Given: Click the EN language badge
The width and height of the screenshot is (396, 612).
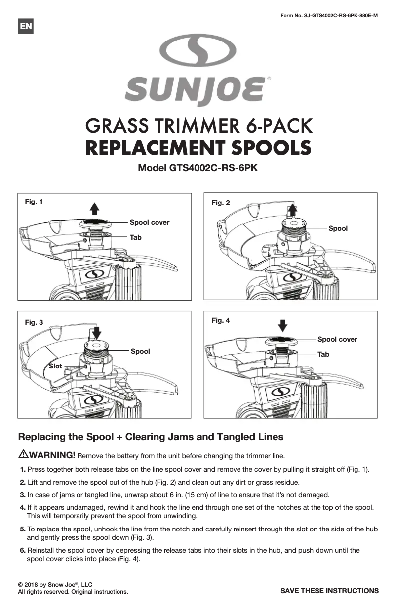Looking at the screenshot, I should coord(26,27).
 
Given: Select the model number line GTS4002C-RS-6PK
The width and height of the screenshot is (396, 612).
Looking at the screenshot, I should coord(198,167).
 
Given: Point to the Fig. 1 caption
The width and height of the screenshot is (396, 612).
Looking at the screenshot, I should coord(34,202).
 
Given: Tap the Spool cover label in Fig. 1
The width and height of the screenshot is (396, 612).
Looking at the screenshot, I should coord(149,222).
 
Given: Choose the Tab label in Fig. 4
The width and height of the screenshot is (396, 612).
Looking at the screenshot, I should coord(323,354).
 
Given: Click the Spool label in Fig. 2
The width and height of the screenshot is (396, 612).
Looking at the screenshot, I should coord(338,228).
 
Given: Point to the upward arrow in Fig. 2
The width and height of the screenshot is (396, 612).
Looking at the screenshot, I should coord(292,209).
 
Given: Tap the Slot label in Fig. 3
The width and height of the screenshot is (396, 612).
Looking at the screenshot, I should coord(55,366).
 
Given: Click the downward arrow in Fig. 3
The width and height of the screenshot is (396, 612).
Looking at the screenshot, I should coord(97,332).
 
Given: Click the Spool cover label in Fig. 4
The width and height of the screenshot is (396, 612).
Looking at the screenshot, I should coord(337,339).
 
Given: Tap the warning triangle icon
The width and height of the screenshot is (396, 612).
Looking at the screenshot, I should coord(23,454).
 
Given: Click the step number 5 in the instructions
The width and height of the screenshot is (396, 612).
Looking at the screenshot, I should coord(23,529).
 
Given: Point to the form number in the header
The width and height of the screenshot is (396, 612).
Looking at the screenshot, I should coord(329,15).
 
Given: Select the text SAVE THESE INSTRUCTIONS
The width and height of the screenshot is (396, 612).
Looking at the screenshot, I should coord(329,590).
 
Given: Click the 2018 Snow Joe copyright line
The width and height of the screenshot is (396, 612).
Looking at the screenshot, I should coord(55,584).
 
